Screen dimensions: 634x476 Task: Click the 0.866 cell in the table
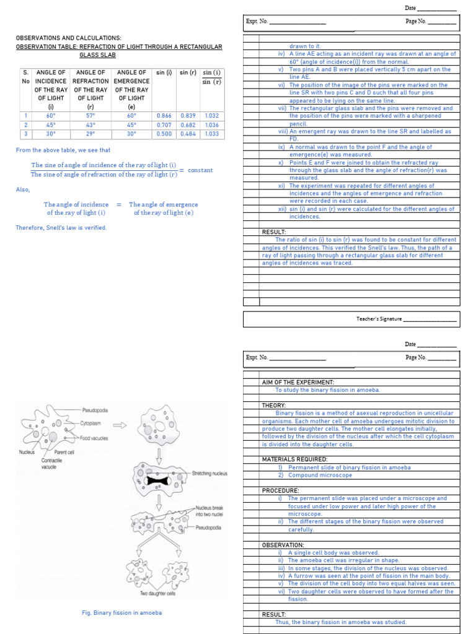pos(164,116)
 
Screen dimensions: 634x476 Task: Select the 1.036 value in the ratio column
pos(211,124)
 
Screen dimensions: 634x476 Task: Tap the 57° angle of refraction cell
pos(90,116)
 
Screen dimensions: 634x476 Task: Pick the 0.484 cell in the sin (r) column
pos(188,134)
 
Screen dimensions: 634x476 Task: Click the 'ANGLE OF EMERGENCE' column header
pos(131,85)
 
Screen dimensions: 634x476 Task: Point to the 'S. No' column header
pos(25,77)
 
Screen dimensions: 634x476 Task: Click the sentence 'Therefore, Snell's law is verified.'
pos(61,228)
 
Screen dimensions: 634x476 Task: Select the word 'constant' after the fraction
pos(200,170)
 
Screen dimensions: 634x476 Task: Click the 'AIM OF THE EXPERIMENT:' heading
pos(298,383)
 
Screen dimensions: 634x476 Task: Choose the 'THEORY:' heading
pos(274,406)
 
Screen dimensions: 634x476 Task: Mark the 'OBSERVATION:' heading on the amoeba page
pos(283,545)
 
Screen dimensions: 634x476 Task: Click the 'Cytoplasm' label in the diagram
pos(92,423)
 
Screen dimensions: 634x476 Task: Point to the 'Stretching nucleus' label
pos(209,474)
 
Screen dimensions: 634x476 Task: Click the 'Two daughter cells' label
pos(157,594)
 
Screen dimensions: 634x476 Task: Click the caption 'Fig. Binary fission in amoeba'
pos(122,613)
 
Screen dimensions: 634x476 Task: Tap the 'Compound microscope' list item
pos(320,475)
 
